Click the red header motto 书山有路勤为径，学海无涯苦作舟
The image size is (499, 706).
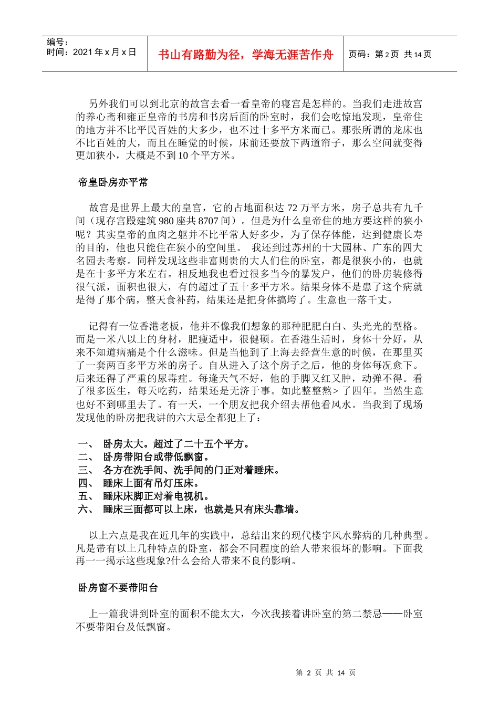coord(245,55)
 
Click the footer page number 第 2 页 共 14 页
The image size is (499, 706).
coord(326,673)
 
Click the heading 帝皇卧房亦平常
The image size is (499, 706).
coord(113,182)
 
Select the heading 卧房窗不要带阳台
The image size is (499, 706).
coord(118,588)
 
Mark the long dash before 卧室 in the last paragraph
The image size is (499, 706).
coord(392,614)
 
